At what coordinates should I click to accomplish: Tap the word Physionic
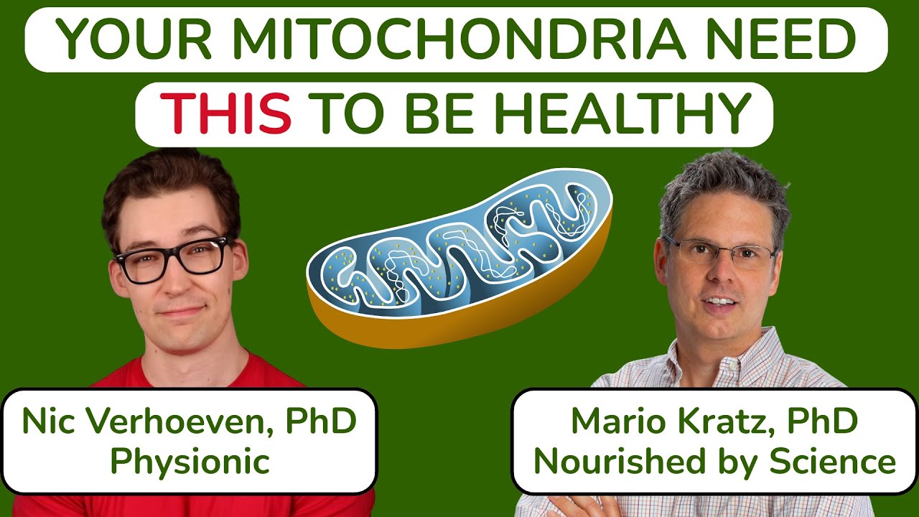click(190, 462)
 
